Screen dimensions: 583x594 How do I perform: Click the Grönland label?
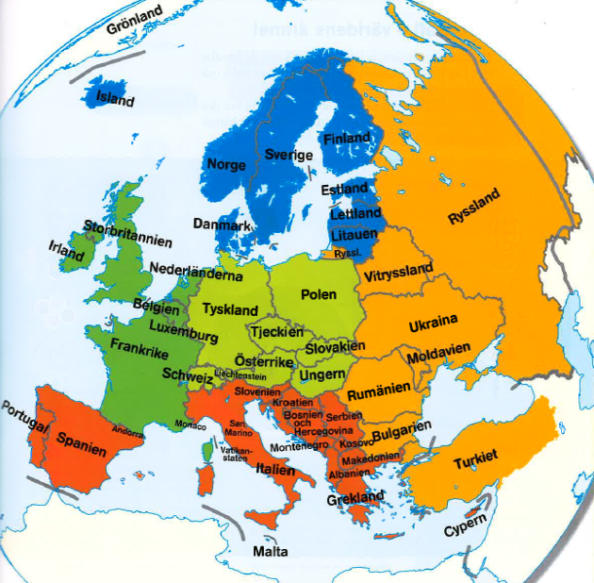[x=135, y=21]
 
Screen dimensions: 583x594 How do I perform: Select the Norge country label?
[x=226, y=164]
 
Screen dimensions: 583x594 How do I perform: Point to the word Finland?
[x=347, y=139]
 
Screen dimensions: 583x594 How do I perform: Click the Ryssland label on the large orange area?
[x=476, y=202]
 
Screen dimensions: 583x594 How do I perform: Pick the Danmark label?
[x=222, y=225]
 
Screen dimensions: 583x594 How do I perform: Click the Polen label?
[x=318, y=294]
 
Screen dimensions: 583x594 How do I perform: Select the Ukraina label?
[x=433, y=325]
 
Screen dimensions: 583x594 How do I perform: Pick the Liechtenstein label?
[x=240, y=375]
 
